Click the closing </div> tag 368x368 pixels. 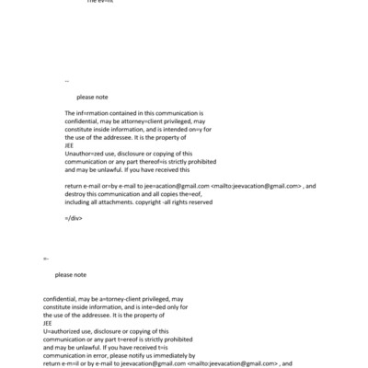tap(75, 218)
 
